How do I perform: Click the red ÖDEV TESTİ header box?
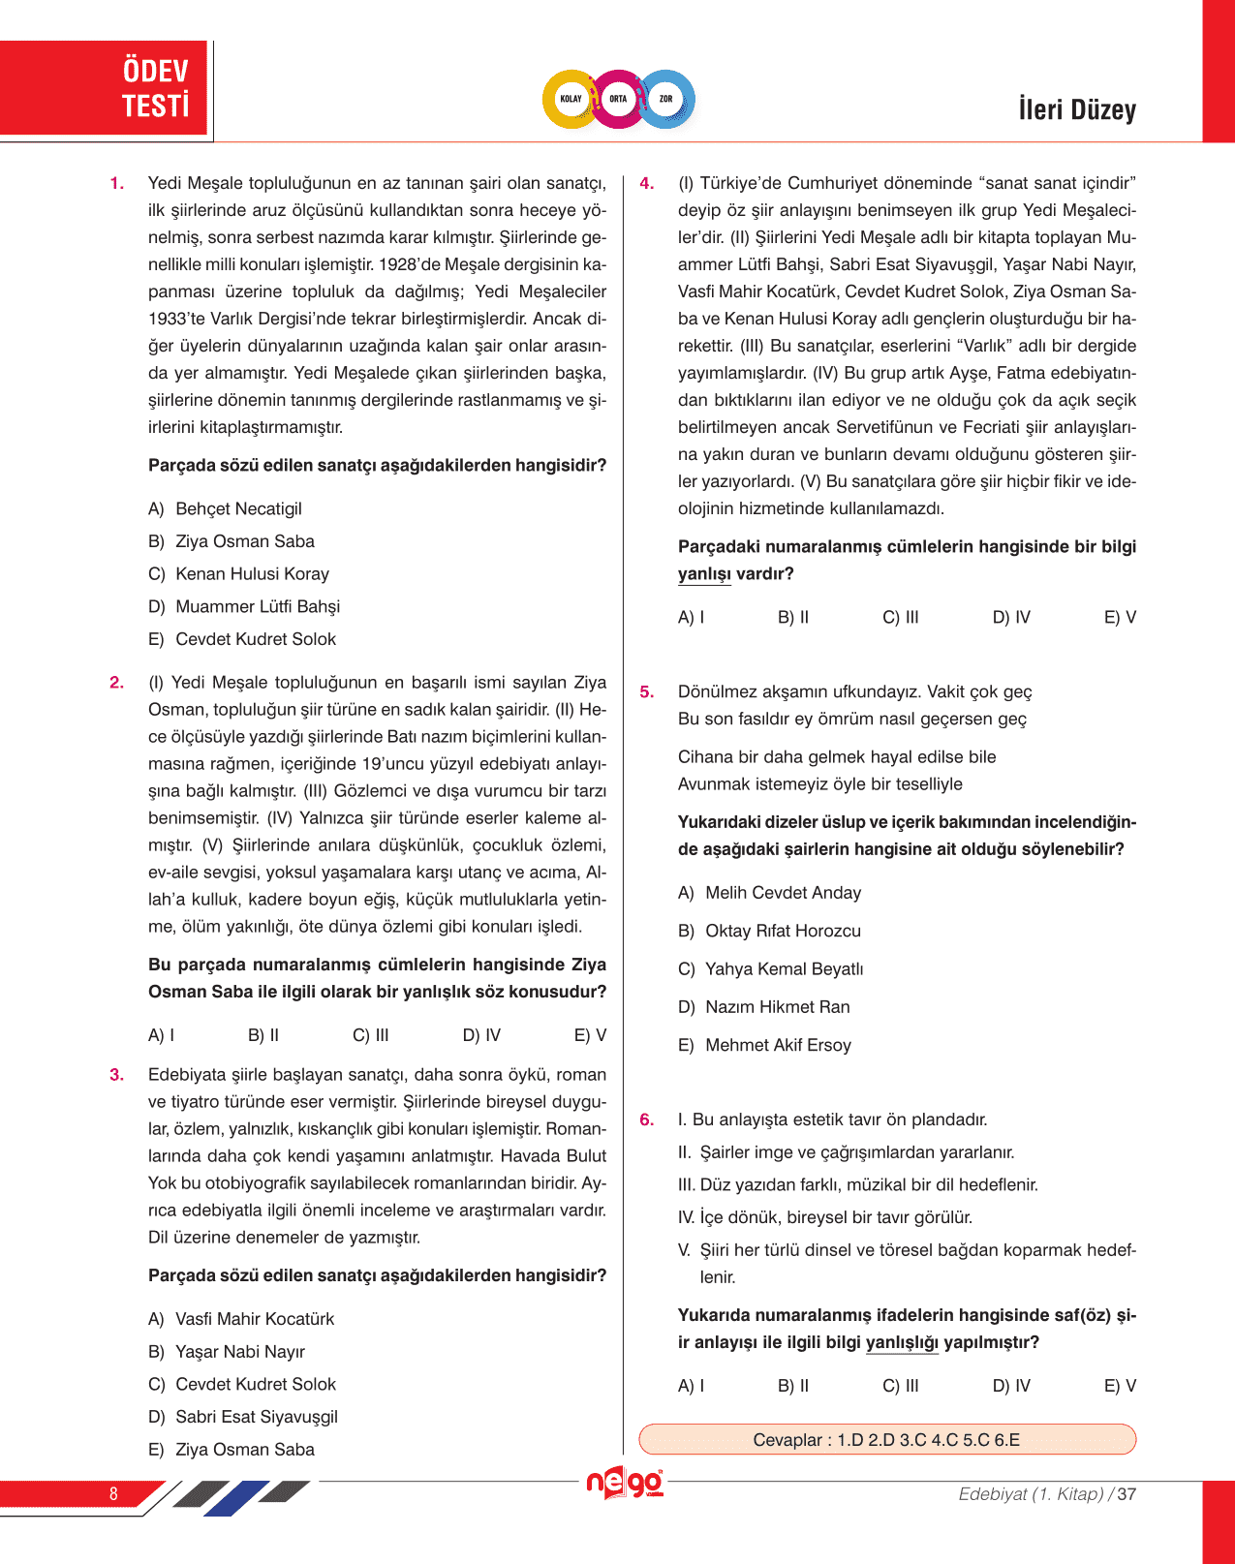point(105,88)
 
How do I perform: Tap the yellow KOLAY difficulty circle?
point(571,99)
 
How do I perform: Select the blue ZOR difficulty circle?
point(666,99)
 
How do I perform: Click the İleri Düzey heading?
point(1076,109)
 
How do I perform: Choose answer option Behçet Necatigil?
point(238,509)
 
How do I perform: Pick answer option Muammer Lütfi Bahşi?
point(257,607)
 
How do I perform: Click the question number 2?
point(116,683)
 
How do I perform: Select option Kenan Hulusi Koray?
point(252,574)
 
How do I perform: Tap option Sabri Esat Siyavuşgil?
point(256,1418)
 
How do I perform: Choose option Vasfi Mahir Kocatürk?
point(254,1320)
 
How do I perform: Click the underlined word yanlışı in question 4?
point(704,574)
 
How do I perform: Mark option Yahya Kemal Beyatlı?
point(784,969)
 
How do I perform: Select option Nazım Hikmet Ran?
point(777,1007)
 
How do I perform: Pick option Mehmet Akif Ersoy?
point(778,1046)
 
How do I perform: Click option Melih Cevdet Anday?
point(783,893)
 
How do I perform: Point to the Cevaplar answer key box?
point(886,1440)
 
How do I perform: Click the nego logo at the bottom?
point(625,1483)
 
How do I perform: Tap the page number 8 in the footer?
point(113,1494)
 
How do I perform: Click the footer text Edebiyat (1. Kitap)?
point(1031,1494)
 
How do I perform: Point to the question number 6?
point(646,1120)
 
